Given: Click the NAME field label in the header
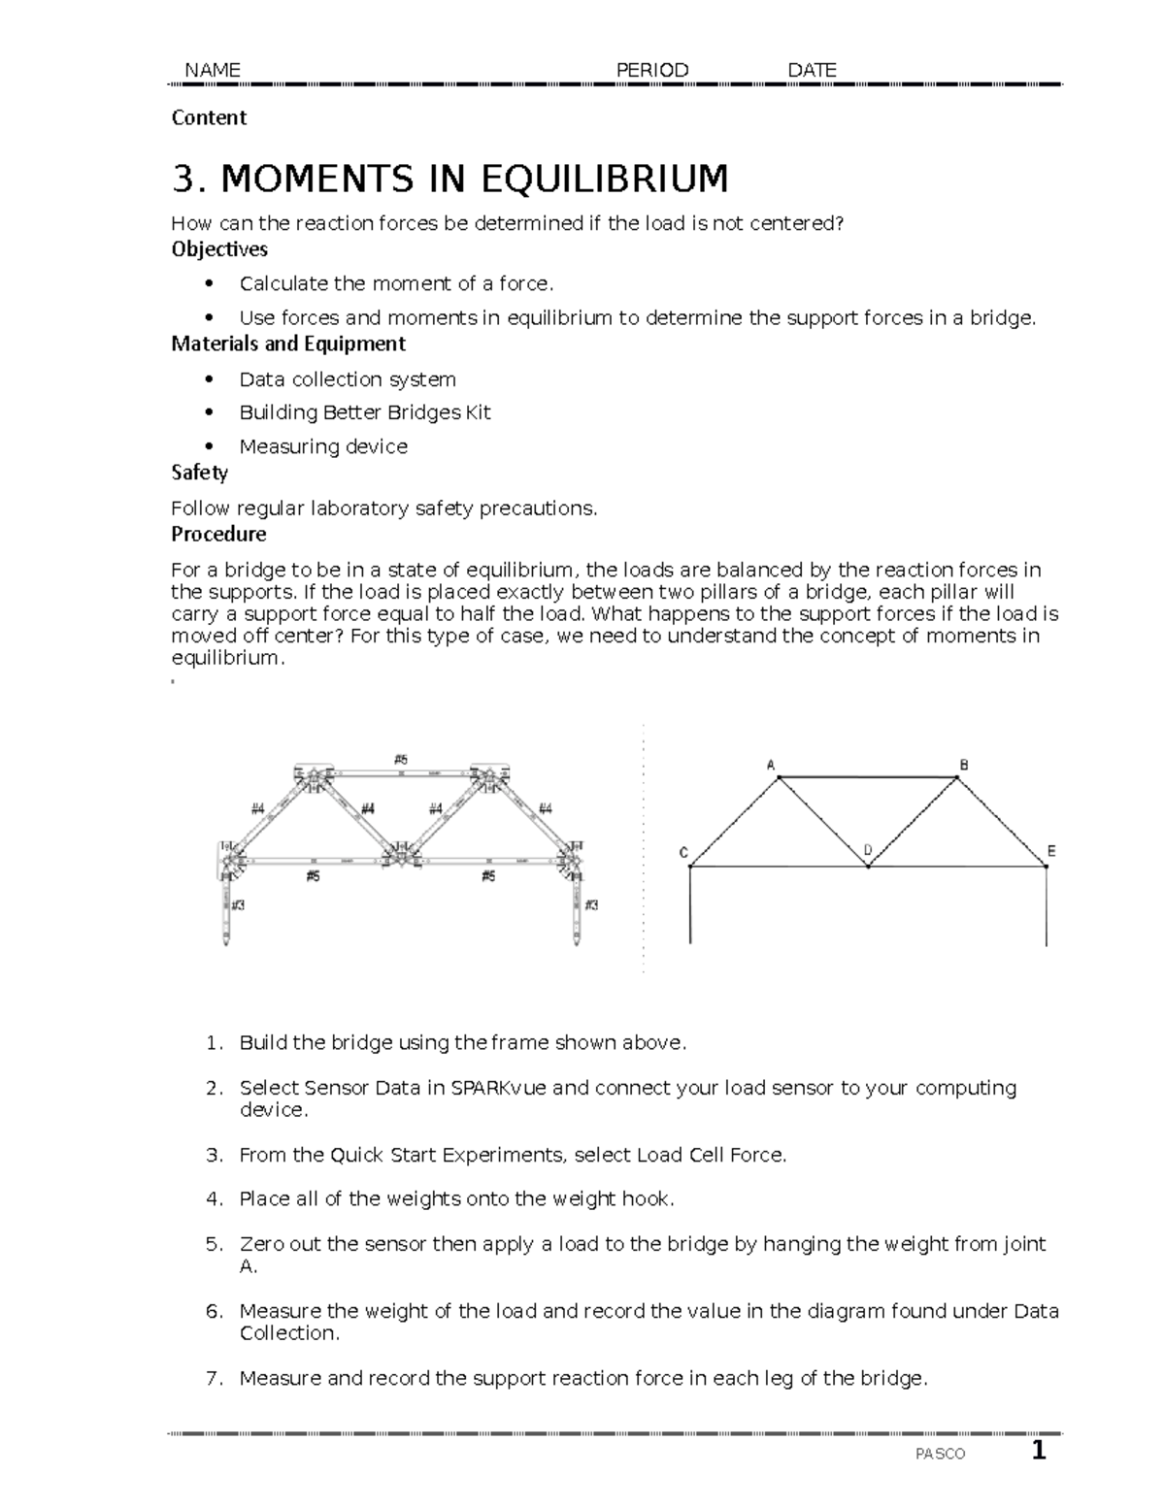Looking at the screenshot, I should [x=212, y=70].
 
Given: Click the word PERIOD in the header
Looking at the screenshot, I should [x=652, y=70].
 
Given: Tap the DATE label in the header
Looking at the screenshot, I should [x=812, y=70].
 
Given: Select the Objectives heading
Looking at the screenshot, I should [x=219, y=249].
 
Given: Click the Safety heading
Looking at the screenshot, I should [x=199, y=473].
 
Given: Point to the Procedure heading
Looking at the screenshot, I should [x=218, y=534].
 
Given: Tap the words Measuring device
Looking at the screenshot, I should [x=323, y=446].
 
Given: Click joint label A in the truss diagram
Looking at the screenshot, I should [x=771, y=765].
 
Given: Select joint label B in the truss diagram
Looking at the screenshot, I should [x=964, y=765].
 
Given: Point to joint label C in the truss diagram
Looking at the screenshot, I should [x=683, y=853].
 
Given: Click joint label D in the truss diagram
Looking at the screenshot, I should [x=867, y=850].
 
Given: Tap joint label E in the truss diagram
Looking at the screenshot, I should [x=1050, y=851].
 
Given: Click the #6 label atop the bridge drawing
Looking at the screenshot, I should [x=401, y=760].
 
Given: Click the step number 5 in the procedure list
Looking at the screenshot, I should [x=213, y=1244].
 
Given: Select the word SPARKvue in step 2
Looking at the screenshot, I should [x=499, y=1088].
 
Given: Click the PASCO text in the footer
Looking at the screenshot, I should [x=940, y=1454].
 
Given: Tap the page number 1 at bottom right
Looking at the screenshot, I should [x=1039, y=1452].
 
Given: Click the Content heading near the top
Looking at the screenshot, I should [x=209, y=117].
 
